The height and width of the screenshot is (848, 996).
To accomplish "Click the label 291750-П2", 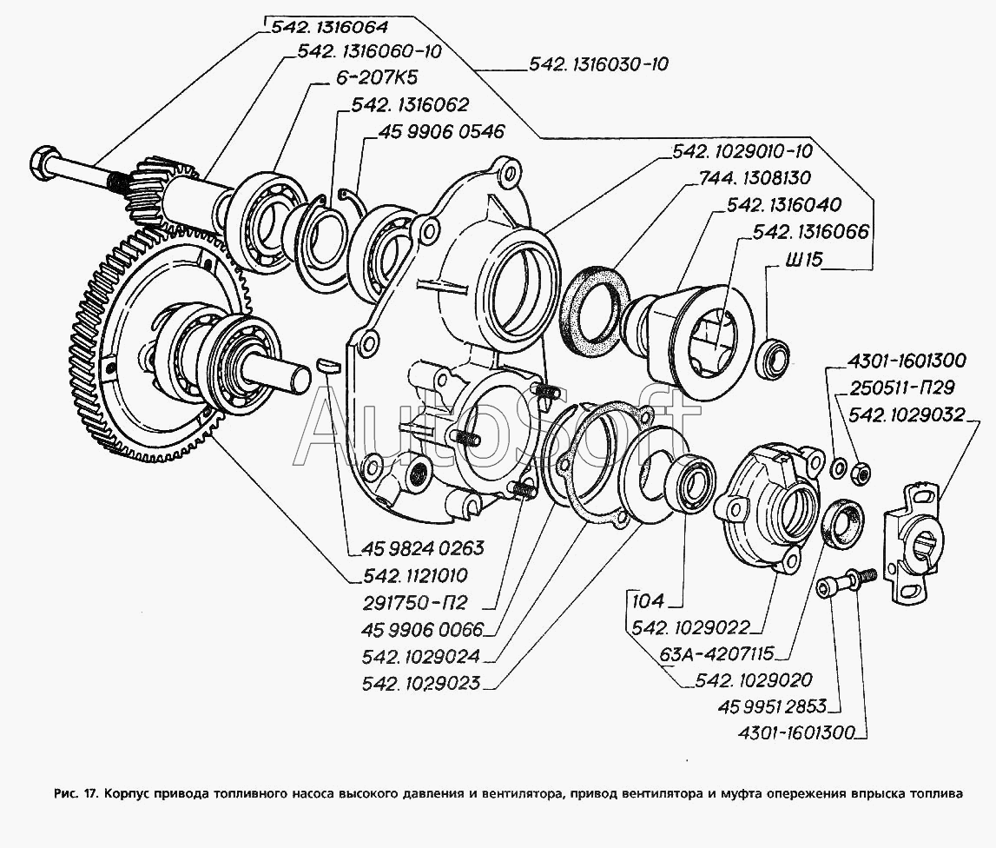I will coord(415,602).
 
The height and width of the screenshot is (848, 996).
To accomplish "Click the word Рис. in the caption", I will coord(65,792).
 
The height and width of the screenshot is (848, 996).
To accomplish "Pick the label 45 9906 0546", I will coord(441,131).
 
